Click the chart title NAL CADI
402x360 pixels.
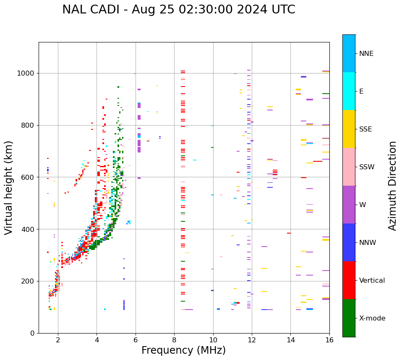click(178, 10)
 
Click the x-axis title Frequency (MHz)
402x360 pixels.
click(183, 350)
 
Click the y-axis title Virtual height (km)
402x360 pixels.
click(9, 187)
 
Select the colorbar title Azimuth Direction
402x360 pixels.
click(392, 186)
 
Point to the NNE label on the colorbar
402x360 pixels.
click(366, 54)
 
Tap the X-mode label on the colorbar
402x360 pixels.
click(372, 318)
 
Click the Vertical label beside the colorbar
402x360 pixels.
click(372, 281)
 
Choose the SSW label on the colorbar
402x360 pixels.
click(366, 167)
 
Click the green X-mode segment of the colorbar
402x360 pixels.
click(349, 318)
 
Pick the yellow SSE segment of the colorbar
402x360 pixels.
click(349, 129)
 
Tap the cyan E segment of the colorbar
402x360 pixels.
click(349, 91)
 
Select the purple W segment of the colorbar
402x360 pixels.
click(349, 205)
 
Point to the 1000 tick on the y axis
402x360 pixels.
click(26, 73)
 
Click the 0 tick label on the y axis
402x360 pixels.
click(32, 333)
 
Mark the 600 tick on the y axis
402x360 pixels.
click(29, 177)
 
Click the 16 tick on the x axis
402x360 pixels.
click(329, 339)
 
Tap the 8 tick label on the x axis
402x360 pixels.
click(174, 339)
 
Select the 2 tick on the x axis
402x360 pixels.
click(58, 339)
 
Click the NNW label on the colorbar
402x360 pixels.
click(368, 243)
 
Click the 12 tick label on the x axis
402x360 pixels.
click(252, 339)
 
